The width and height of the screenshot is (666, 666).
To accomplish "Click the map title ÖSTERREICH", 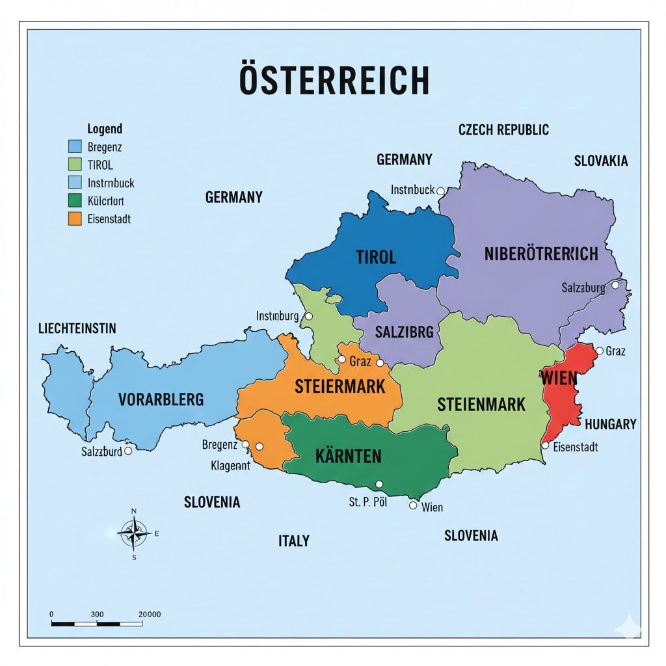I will pyautogui.click(x=334, y=80).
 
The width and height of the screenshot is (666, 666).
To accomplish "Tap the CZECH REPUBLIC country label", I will pyautogui.click(x=503, y=129).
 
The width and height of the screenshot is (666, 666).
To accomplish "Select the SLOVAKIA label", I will pyautogui.click(x=601, y=161).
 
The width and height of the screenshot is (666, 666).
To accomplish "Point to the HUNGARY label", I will pyautogui.click(x=610, y=424).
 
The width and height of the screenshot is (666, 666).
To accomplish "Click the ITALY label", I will pyautogui.click(x=294, y=540).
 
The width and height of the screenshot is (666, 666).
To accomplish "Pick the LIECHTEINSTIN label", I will pyautogui.click(x=77, y=328).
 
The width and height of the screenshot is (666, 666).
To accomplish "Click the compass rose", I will pyautogui.click(x=134, y=533).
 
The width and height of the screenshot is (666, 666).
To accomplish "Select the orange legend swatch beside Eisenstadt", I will pyautogui.click(x=75, y=219).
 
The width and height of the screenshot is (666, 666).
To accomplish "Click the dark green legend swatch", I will pyautogui.click(x=75, y=201).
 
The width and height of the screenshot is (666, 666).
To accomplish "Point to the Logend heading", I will pyautogui.click(x=105, y=129).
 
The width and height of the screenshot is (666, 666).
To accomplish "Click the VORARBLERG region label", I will pyautogui.click(x=161, y=399).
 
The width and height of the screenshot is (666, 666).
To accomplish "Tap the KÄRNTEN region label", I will pyautogui.click(x=348, y=456).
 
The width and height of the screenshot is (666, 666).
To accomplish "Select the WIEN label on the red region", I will pyautogui.click(x=558, y=378).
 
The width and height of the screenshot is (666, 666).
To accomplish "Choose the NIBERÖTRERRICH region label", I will pyautogui.click(x=541, y=254).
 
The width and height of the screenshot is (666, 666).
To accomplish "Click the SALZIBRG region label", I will pyautogui.click(x=404, y=332).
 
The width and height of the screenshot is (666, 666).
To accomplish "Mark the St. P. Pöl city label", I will pyautogui.click(x=368, y=502).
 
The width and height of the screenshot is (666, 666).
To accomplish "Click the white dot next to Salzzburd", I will pyautogui.click(x=128, y=450).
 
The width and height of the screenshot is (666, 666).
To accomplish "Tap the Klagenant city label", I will pyautogui.click(x=230, y=466).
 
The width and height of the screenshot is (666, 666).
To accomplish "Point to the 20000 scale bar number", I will pyautogui.click(x=150, y=614).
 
